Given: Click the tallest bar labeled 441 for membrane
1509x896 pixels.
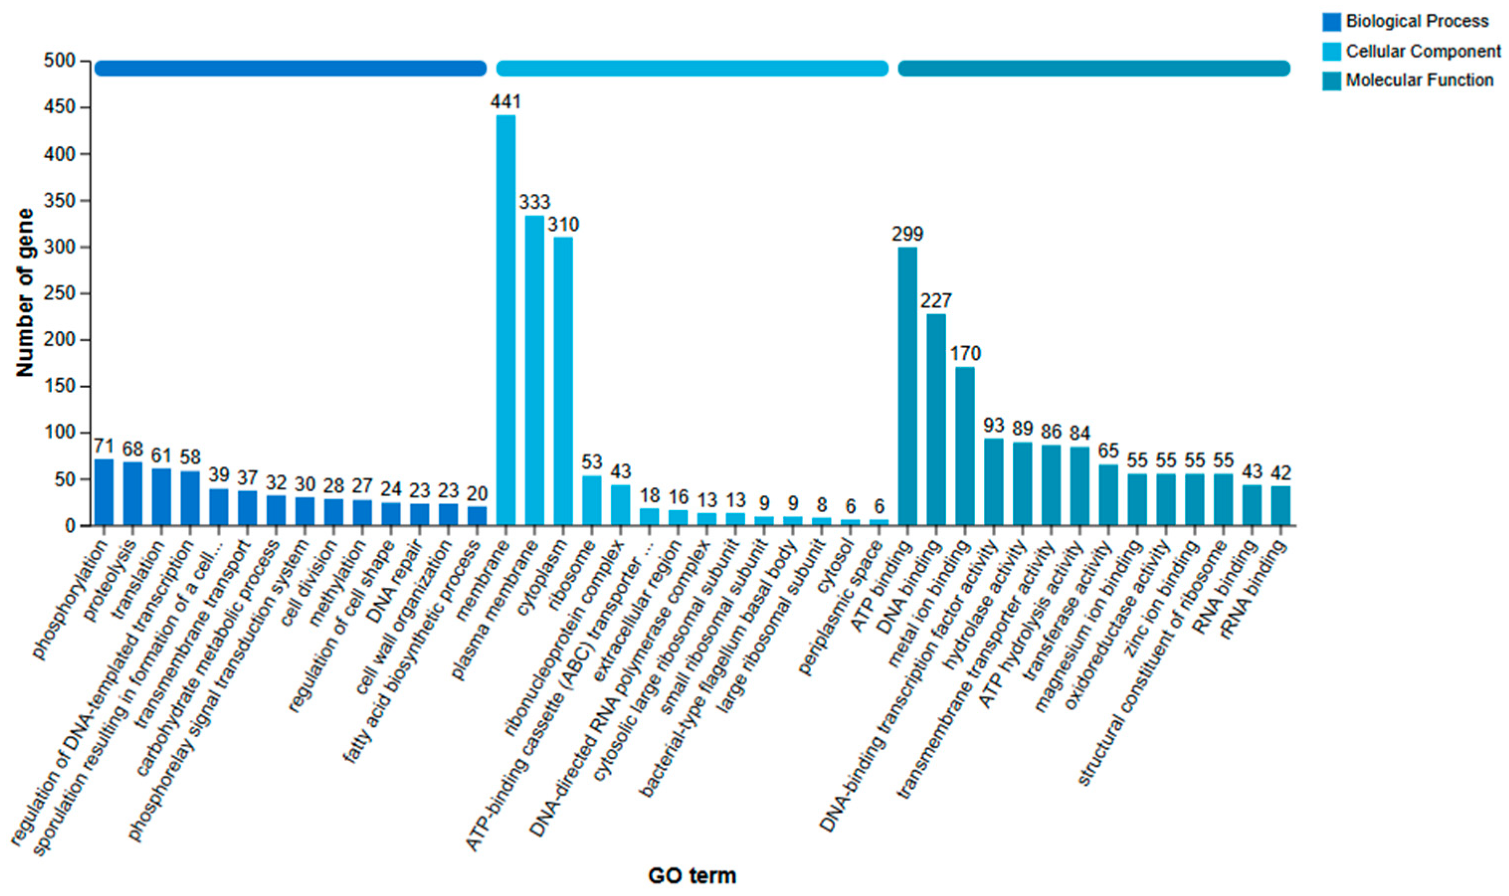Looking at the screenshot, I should click(506, 320).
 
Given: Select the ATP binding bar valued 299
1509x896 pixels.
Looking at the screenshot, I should click(908, 386).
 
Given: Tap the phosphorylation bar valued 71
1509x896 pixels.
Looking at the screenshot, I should click(104, 492).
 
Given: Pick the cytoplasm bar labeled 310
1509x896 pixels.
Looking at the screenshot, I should click(563, 380).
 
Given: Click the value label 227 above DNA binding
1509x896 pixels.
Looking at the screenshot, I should click(936, 301).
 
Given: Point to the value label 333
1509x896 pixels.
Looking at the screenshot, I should click(534, 202).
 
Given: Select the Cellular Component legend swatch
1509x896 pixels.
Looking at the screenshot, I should click(1331, 51).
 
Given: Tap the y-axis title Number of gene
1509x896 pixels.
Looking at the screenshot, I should click(25, 293).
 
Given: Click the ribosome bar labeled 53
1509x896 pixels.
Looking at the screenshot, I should click(592, 501).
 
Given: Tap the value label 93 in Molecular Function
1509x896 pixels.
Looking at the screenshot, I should click(993, 426).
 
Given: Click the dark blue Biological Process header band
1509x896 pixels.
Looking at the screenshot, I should click(290, 68).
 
